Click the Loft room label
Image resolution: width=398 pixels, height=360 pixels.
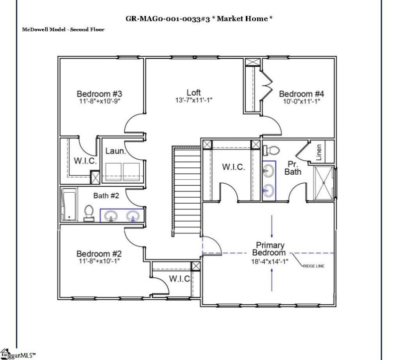[x=194, y=93]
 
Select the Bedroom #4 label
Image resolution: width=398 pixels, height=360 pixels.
[x=301, y=94]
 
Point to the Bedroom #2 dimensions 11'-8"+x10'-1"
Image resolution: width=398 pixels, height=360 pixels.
[x=99, y=260]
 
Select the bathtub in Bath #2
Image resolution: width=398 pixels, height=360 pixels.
[x=68, y=204]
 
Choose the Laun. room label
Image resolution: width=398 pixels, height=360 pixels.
[x=115, y=150]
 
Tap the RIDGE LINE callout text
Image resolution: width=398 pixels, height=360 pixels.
[x=313, y=266]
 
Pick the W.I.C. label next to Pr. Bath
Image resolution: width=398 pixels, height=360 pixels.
[x=233, y=167]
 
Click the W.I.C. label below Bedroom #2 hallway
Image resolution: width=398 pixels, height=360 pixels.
[x=180, y=278]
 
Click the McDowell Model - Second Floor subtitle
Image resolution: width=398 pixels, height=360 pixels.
[x=63, y=29]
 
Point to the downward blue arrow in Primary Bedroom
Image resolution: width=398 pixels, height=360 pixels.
[x=272, y=227]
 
